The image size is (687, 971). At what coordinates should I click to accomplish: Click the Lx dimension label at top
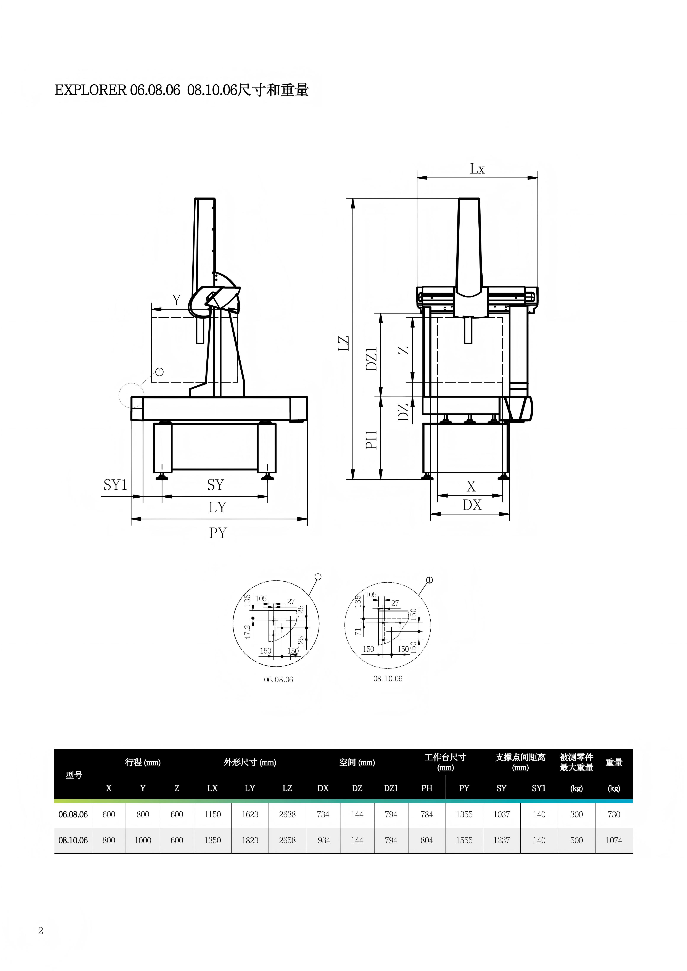pos(477,169)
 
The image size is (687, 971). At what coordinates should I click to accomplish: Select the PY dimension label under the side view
pos(218,533)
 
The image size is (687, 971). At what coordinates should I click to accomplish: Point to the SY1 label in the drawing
pos(115,485)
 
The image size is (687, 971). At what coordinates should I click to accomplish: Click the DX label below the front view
pos(472,505)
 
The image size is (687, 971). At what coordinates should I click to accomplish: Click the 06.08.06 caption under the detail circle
pos(278,680)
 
